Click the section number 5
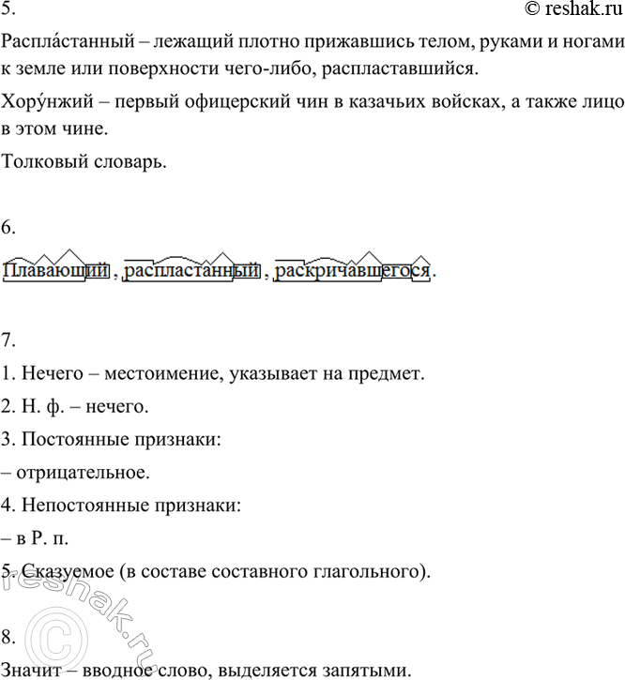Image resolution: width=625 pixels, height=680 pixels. pos(8,10)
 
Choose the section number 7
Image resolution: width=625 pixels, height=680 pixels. pos(8,338)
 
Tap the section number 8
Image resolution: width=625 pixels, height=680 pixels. pos(8,638)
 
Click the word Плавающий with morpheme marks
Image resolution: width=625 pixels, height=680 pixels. pos(57,272)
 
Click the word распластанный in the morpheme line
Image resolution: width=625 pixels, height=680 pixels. pos(191,272)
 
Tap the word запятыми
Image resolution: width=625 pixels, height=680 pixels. pos(364,671)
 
